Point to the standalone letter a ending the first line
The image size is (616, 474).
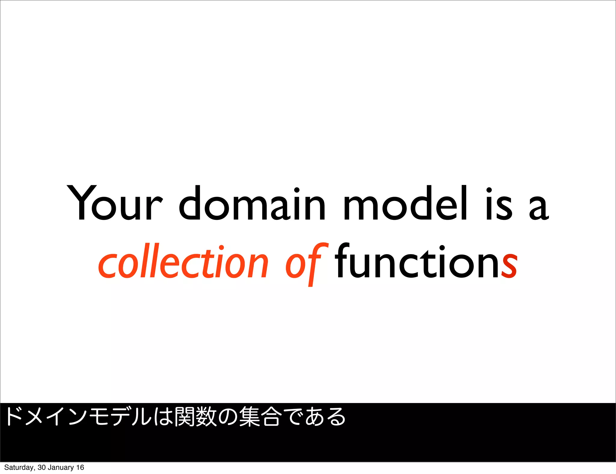[x=539, y=208]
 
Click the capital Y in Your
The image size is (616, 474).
[x=81, y=203]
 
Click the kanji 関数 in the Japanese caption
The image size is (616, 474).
[x=196, y=417]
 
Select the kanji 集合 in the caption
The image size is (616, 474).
[x=260, y=417]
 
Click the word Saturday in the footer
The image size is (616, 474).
[x=19, y=467]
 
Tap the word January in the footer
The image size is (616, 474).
[x=60, y=467]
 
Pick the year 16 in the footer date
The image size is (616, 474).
[x=80, y=467]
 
